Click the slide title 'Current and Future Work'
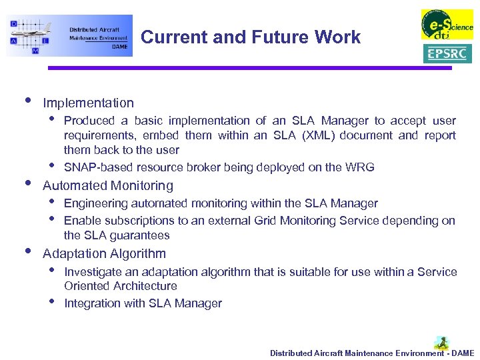pyautogui.click(x=251, y=37)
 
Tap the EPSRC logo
pyautogui.click(x=447, y=53)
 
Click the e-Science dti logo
pyautogui.click(x=447, y=25)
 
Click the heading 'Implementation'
pyautogui.click(x=88, y=103)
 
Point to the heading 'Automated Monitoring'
pyautogui.click(x=108, y=185)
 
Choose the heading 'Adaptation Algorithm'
pyautogui.click(x=104, y=253)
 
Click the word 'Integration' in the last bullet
pyautogui.click(x=91, y=303)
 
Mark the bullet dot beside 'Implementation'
pyautogui.click(x=27, y=101)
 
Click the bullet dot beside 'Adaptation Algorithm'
pyautogui.click(x=27, y=251)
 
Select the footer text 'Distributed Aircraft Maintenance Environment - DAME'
pyautogui.click(x=372, y=353)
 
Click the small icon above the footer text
pyautogui.click(x=441, y=343)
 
